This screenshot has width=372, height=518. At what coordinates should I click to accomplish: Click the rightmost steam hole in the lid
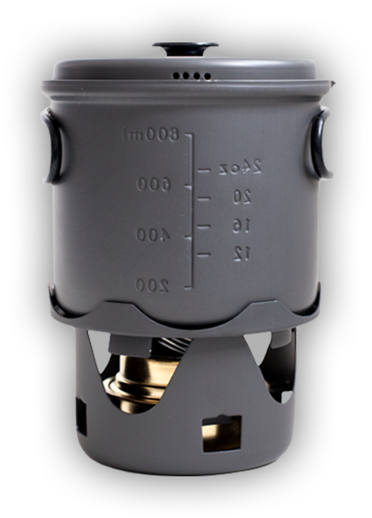[207, 76]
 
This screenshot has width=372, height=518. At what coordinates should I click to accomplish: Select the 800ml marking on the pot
[151, 135]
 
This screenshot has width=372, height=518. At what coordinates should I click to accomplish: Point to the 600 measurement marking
[155, 184]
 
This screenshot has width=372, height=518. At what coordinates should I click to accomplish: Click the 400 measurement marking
[153, 236]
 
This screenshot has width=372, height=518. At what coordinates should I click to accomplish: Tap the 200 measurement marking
[152, 285]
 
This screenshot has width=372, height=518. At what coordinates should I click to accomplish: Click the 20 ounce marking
[242, 197]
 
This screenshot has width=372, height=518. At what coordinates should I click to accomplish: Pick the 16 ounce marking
[242, 226]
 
